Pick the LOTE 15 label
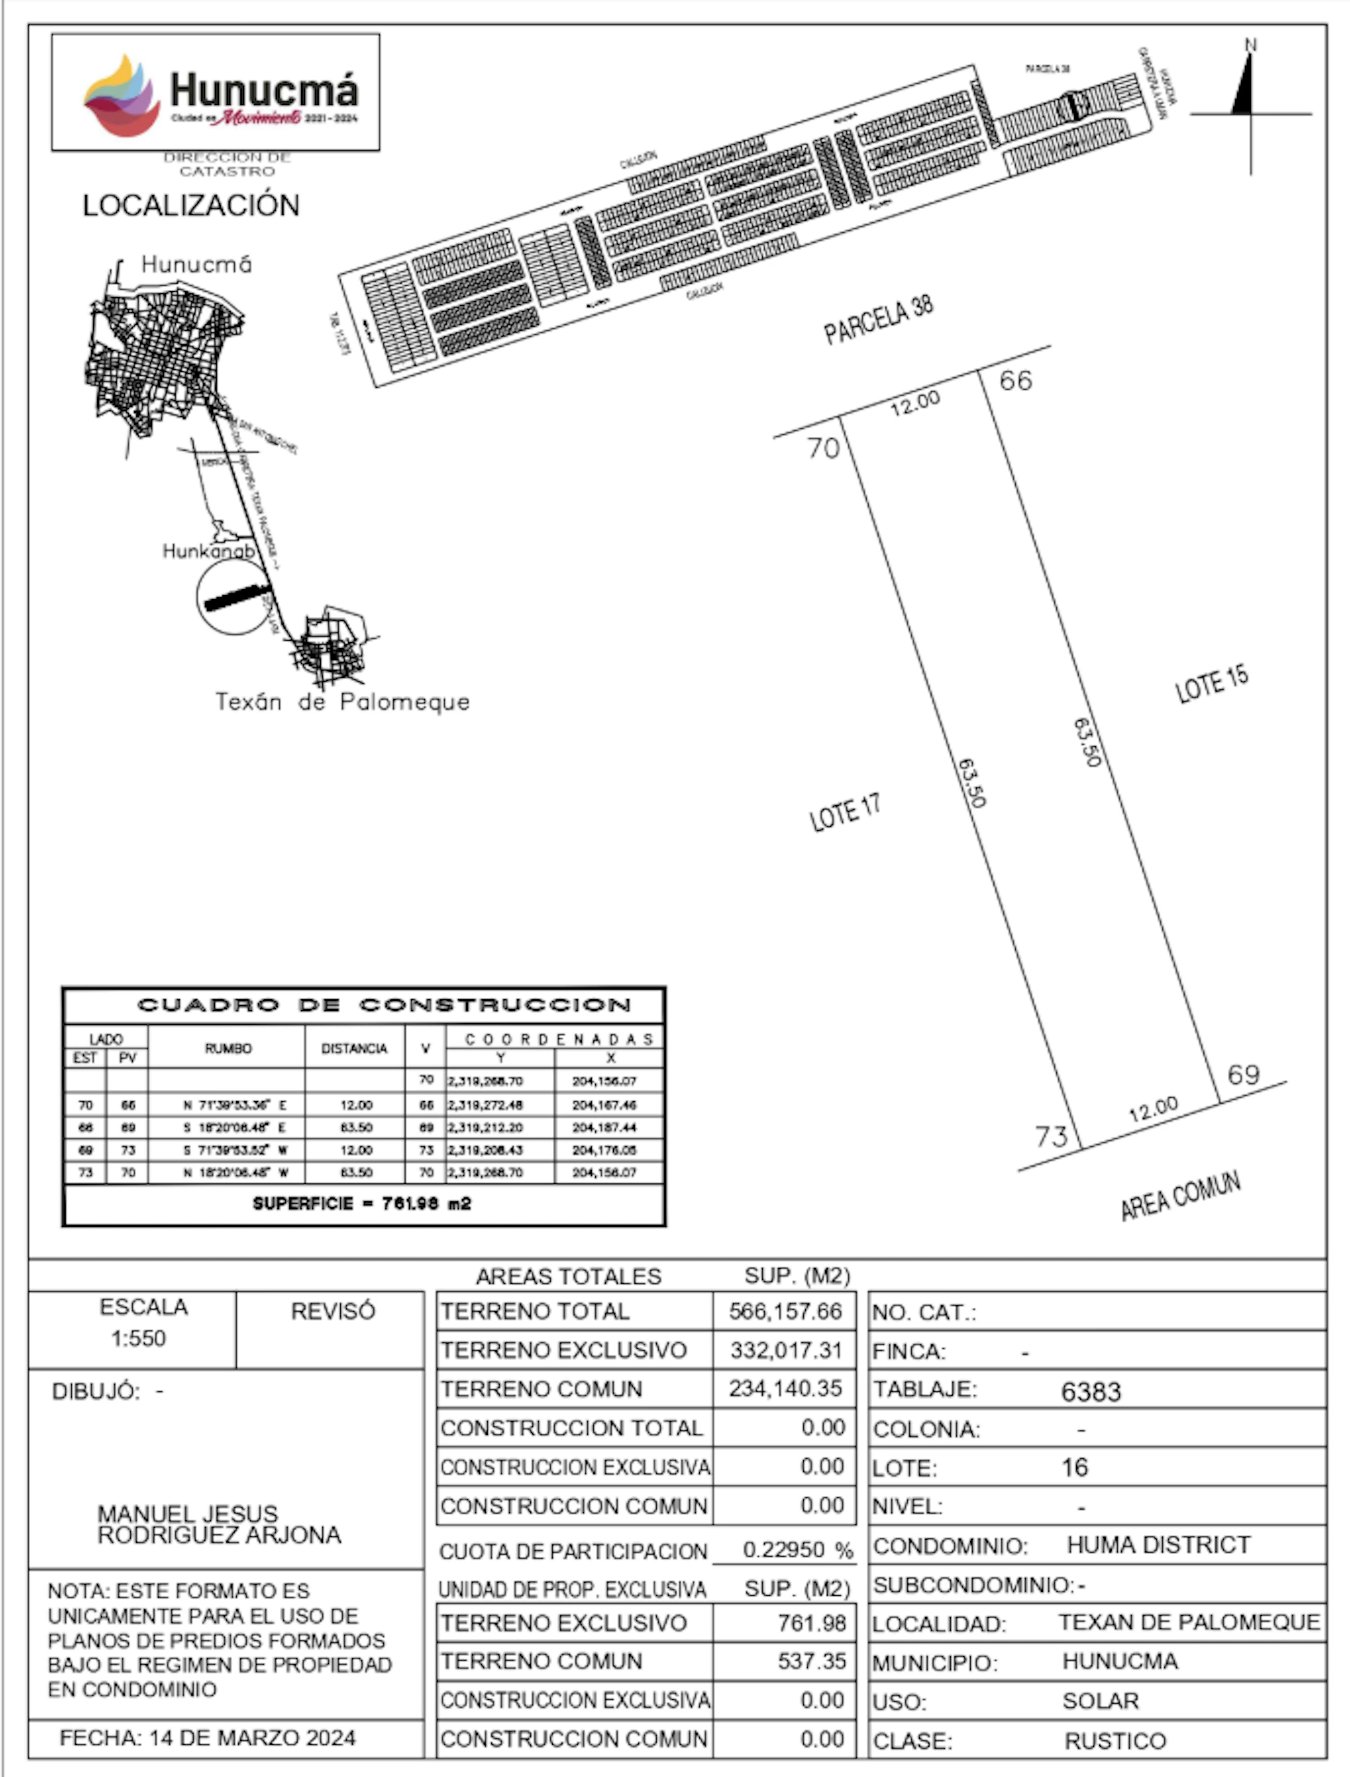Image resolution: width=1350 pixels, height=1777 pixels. [x=1212, y=685]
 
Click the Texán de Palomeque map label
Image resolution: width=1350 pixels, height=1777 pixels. [x=342, y=702]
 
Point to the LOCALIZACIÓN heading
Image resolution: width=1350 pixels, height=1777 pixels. [x=191, y=206]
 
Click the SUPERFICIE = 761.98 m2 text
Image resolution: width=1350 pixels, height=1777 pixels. [x=362, y=1204]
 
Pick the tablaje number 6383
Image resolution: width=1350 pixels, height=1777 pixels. [x=1091, y=1392]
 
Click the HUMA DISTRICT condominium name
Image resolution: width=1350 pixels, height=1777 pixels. [x=1158, y=1545]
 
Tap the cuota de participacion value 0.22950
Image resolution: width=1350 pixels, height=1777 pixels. [x=784, y=1550]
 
